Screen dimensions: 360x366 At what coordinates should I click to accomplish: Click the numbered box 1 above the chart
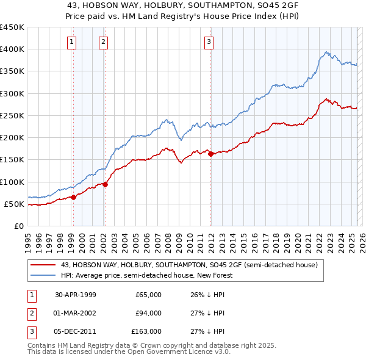(x=73, y=42)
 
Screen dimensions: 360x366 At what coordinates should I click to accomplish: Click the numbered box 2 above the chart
(x=104, y=42)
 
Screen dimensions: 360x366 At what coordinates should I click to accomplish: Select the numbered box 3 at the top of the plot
(x=209, y=42)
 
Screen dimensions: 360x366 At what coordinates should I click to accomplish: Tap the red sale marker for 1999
(x=74, y=196)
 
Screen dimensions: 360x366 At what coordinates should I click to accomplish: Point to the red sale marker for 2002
(x=105, y=184)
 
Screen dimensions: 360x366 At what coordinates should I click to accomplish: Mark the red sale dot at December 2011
(x=211, y=154)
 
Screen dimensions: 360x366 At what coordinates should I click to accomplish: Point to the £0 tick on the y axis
(x=19, y=226)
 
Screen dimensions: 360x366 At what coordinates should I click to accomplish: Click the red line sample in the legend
(x=43, y=265)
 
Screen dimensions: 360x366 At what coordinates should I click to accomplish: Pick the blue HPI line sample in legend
(x=43, y=275)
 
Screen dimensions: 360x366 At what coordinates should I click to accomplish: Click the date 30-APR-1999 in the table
(x=76, y=295)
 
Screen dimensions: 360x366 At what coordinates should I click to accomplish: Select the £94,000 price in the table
(x=148, y=313)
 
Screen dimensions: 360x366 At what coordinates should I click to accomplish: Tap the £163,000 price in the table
(x=146, y=331)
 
